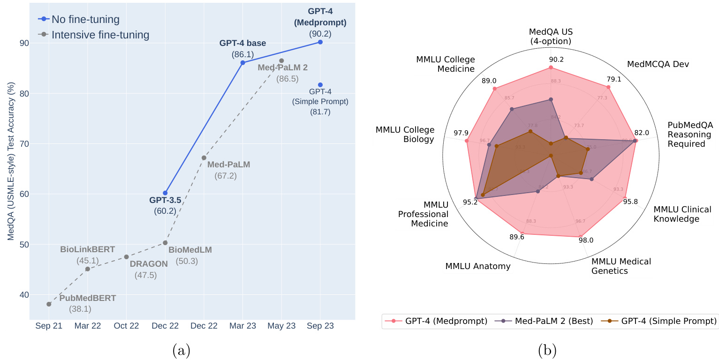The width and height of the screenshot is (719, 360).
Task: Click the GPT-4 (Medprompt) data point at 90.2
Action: point(320,42)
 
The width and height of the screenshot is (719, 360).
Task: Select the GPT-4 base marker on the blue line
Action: point(242,63)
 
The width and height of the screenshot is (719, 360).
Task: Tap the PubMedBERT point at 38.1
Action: point(49,304)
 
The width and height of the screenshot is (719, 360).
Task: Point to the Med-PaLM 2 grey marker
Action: point(281,60)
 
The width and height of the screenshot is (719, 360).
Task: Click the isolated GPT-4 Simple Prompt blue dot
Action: point(320,85)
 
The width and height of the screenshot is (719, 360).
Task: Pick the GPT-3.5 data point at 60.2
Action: point(165,193)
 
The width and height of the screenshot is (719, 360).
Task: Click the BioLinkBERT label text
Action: point(87,249)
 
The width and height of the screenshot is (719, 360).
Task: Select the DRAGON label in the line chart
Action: point(148,264)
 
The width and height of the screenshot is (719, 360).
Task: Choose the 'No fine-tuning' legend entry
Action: point(79,19)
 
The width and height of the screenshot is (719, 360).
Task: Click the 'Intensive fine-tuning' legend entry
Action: point(94,35)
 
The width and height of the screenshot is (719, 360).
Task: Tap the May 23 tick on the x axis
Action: point(281,326)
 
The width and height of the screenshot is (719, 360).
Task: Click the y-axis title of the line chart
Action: point(11,162)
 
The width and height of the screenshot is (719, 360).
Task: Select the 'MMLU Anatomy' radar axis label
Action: point(478,266)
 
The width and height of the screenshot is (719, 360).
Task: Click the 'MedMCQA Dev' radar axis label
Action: point(658,64)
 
